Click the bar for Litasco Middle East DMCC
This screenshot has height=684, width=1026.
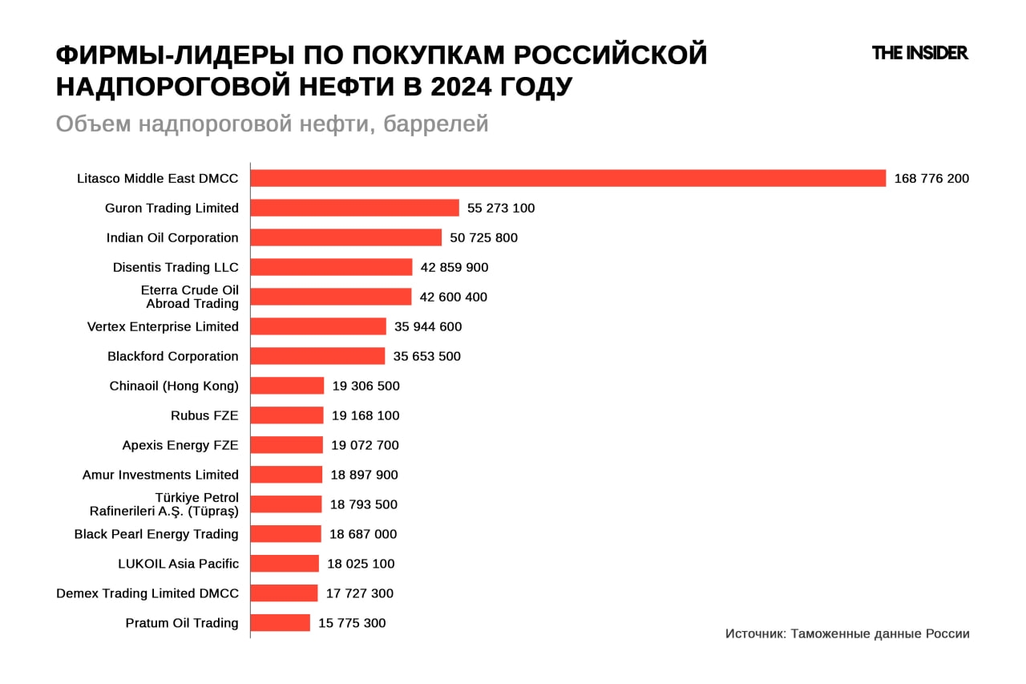pos(568,178)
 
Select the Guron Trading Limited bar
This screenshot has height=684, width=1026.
pos(354,208)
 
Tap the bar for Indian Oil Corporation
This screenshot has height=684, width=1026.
pos(345,237)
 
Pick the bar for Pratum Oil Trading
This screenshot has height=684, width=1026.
pos(280,623)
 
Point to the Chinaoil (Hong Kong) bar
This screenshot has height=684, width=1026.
pos(287,386)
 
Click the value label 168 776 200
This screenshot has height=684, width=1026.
pos(931,178)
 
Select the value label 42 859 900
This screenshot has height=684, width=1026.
pos(454,267)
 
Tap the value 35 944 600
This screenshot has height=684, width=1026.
pos(428,326)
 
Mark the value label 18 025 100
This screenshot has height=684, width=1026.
pos(361,564)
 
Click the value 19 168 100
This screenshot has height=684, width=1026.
pos(366,415)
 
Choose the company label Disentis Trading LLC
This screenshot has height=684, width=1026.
pos(176,267)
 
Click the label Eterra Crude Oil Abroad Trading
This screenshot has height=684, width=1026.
pos(190,297)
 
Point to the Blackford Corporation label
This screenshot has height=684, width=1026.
pos(173,356)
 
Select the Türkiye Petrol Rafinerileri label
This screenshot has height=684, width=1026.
pos(164,504)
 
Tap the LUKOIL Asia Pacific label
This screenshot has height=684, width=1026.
pos(178,564)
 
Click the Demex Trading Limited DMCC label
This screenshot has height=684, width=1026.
pos(147,593)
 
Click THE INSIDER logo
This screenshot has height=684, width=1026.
pos(919,53)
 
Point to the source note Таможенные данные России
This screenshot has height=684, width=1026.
pos(879,633)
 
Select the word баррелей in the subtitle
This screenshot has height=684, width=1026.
pos(436,124)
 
